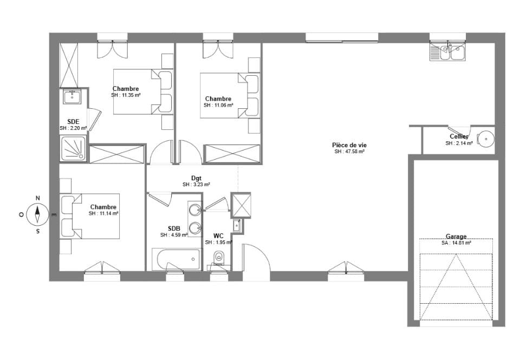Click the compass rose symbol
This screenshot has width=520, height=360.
(37, 214)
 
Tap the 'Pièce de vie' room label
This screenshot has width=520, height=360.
(349, 145)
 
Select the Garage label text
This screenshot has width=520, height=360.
(456, 237)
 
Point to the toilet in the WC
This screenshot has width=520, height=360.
(218, 257)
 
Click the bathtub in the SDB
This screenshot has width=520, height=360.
(177, 259)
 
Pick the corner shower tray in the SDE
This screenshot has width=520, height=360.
(73, 148)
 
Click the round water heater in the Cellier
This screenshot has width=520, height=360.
(485, 139)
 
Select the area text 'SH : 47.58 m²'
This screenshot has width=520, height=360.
(349, 152)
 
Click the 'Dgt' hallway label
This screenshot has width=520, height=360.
(196, 178)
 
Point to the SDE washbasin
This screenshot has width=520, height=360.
(71, 97)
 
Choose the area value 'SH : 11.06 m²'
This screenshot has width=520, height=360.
(218, 105)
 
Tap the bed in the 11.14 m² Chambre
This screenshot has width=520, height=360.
(89, 216)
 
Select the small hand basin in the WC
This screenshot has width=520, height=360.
(237, 225)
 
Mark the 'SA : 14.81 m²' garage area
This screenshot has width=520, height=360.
(456, 243)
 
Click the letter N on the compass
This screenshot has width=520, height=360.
(38, 198)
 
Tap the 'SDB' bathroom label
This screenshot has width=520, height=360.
(174, 229)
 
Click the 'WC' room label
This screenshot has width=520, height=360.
(218, 236)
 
